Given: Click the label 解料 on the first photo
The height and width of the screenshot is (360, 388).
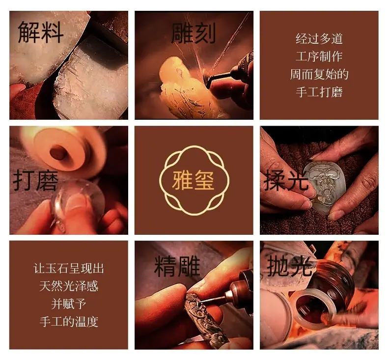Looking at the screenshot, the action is pos(41,32).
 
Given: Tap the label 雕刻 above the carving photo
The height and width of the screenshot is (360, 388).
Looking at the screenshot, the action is pos(193,33).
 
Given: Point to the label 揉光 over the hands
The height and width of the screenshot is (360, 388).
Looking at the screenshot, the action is pos(286,181).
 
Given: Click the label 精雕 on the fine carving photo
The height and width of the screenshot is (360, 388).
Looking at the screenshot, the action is pos(177,266).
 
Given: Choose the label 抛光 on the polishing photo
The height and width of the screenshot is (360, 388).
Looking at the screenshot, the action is pos(289,266).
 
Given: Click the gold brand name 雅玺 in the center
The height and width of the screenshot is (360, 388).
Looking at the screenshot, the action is pos(193,180).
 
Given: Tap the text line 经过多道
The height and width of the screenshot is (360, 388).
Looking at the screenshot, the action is pos(319,39).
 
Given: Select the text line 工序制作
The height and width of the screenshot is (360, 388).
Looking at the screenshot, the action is pos(319,56).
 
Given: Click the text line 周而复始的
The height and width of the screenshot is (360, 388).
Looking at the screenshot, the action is pos(319,74).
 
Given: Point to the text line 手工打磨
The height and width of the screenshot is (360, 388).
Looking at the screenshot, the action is pos(319,92).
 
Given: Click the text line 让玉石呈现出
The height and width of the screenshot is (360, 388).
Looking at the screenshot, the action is pos(69,268).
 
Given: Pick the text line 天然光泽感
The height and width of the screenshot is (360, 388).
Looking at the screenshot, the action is pos(69,286).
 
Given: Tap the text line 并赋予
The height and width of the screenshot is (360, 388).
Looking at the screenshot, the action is pos(69,304).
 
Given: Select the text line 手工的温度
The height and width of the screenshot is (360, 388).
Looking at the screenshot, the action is pos(69,322).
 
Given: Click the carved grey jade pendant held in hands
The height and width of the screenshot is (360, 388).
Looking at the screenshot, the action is pos(321,186).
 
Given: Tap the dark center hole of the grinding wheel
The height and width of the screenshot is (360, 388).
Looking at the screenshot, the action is pos(57,152).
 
